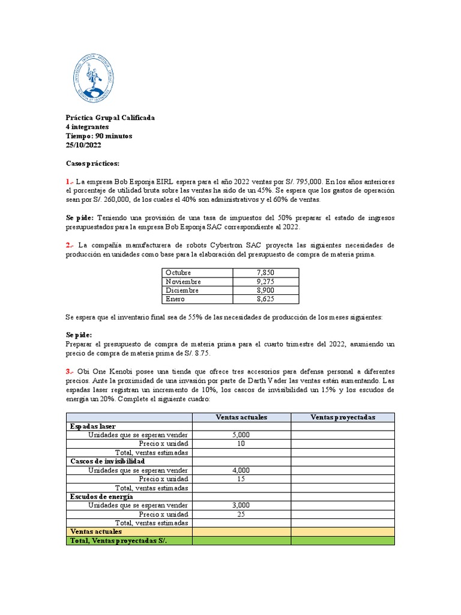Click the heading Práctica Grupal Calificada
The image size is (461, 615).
click(110, 118)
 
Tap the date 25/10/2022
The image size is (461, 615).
click(83, 145)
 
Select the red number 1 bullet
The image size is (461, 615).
click(69, 181)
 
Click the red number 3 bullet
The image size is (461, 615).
click(69, 372)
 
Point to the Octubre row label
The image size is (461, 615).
click(178, 273)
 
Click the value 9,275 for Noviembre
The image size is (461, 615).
click(265, 282)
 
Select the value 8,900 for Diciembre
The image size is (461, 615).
click(265, 290)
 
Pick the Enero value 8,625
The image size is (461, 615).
click(265, 299)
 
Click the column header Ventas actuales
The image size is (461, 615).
click(241, 417)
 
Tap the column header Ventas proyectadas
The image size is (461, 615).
click(343, 417)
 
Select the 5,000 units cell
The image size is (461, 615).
click(241, 435)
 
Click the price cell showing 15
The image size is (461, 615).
click(241, 479)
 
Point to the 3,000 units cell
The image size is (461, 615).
click(241, 506)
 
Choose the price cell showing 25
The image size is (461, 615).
click(241, 515)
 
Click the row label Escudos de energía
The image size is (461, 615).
click(101, 497)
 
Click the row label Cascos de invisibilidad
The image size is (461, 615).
click(107, 461)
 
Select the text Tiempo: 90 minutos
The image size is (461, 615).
click(98, 136)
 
